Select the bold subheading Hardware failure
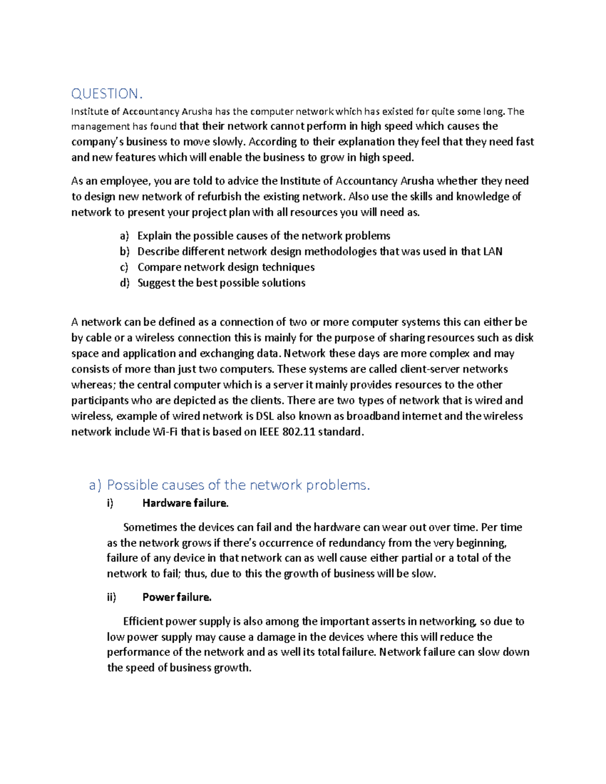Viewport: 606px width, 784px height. (x=185, y=503)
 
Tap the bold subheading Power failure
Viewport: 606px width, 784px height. (x=176, y=597)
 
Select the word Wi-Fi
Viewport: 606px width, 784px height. (x=165, y=432)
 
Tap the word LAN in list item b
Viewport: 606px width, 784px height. (x=492, y=251)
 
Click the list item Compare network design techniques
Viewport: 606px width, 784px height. (x=226, y=267)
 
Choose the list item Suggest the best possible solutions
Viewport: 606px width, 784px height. (x=221, y=283)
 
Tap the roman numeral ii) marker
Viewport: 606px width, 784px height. (x=112, y=597)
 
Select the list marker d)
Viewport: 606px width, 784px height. (x=125, y=283)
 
